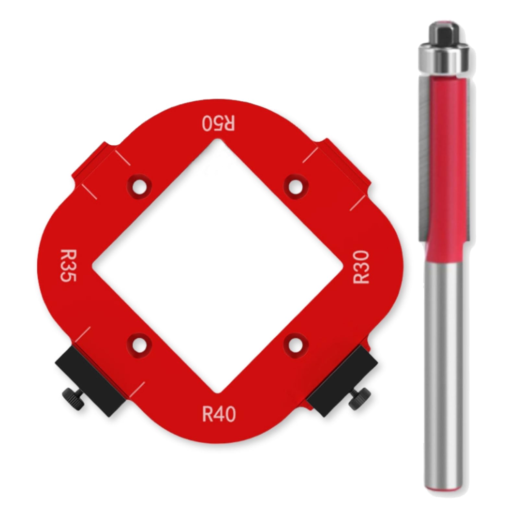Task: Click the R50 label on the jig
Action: pos(218,123)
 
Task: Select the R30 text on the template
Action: pos(361,267)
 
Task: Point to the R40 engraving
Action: pos(219,414)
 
